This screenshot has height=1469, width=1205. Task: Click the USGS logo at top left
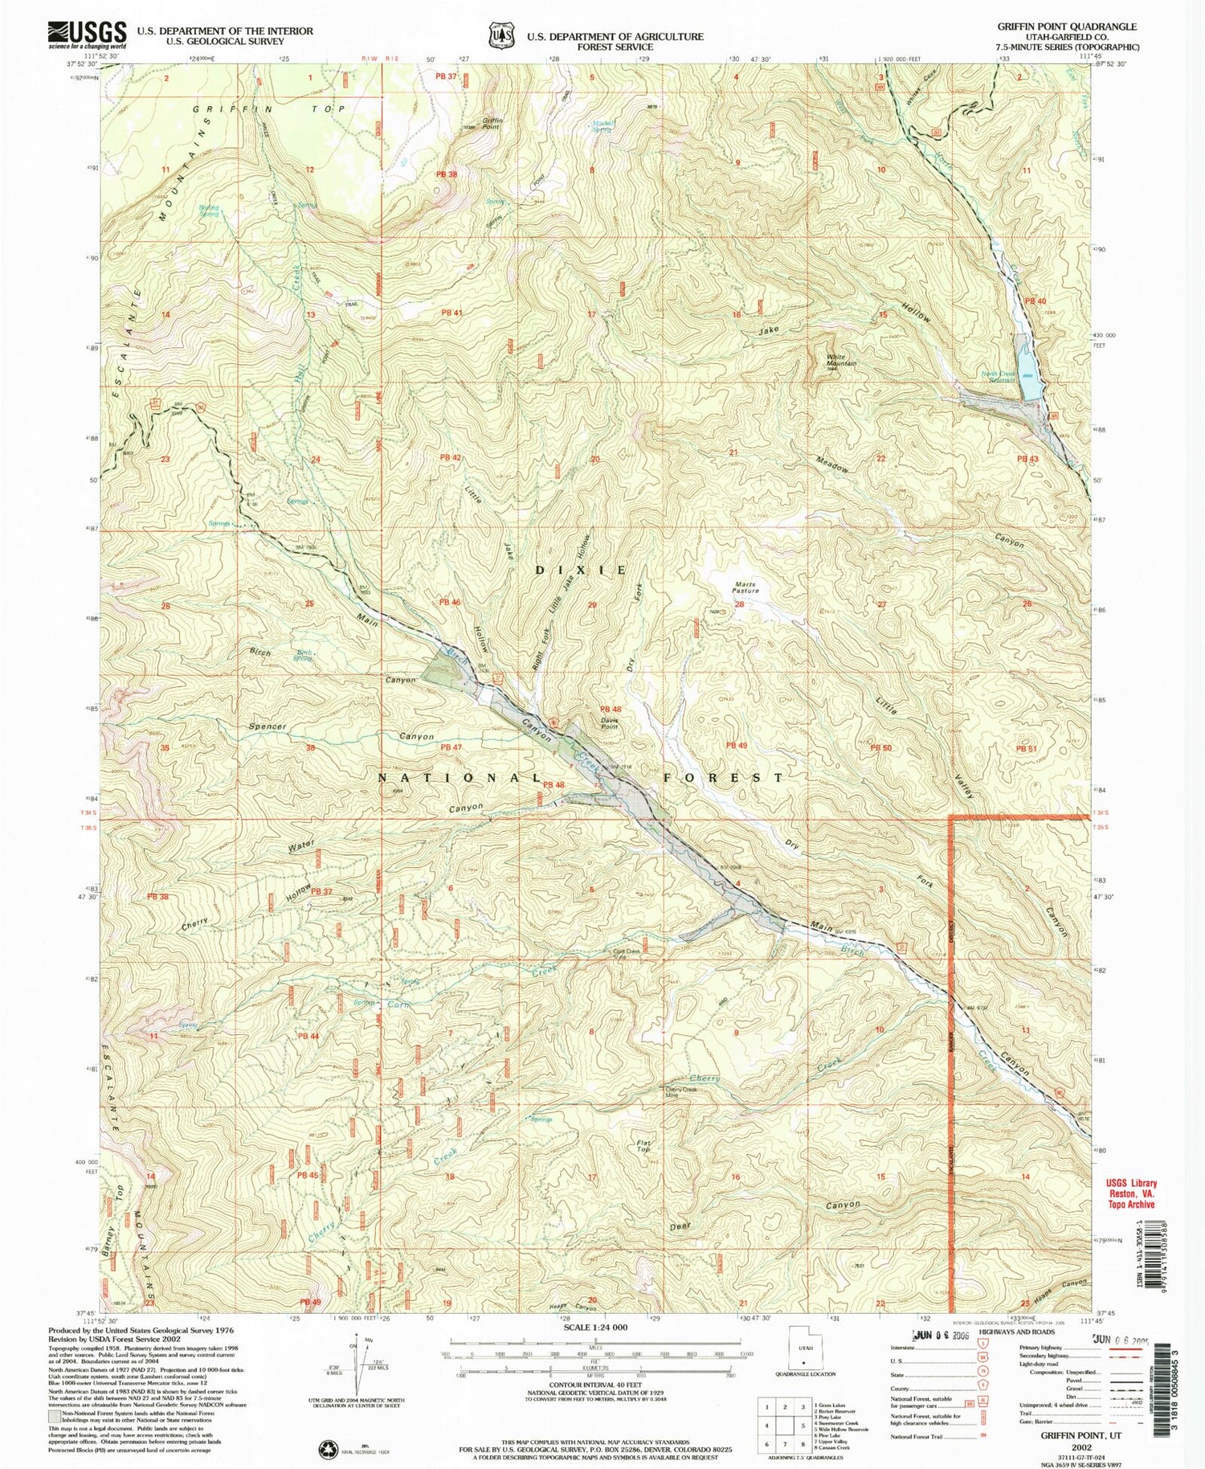[88, 35]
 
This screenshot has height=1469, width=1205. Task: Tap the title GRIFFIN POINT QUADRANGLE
[1066, 26]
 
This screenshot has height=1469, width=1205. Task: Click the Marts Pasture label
[745, 588]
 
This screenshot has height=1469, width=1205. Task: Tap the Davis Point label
[611, 721]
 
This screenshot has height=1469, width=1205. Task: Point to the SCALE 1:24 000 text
[589, 1328]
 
